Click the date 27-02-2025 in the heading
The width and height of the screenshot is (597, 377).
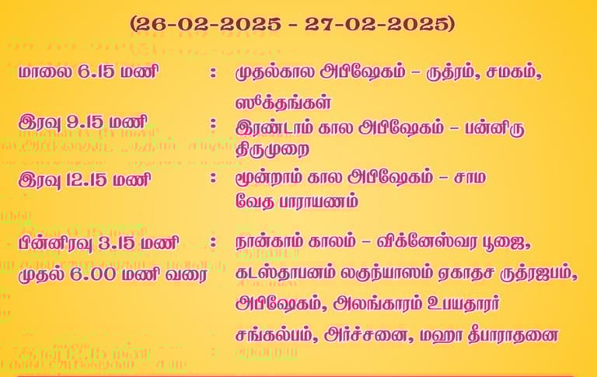[x=375, y=25]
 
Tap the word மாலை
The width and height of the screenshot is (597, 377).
[x=45, y=72]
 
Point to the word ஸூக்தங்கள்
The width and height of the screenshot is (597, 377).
[x=283, y=103]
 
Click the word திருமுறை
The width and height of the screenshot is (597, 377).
[x=273, y=150]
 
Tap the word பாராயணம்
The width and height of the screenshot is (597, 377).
[x=319, y=201]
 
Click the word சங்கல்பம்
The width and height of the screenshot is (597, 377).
[x=277, y=335]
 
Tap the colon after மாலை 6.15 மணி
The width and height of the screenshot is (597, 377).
[x=213, y=72]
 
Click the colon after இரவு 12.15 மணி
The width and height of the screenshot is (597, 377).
[x=213, y=178]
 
